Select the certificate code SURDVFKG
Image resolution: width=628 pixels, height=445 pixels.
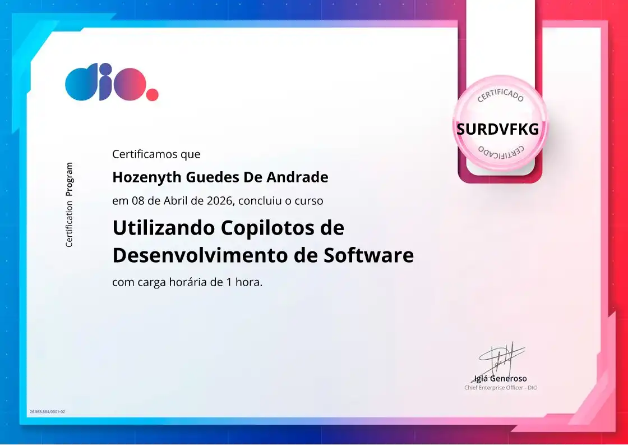pyautogui.click(x=497, y=130)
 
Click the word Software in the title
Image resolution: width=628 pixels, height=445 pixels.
pyautogui.click(x=368, y=255)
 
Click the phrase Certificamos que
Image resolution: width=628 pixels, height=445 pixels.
pyautogui.click(x=156, y=154)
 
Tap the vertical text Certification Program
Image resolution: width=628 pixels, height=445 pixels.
pyautogui.click(x=69, y=205)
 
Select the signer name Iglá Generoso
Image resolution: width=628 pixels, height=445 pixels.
pyautogui.click(x=500, y=378)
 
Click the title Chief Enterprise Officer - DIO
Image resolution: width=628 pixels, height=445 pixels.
pyautogui.click(x=500, y=388)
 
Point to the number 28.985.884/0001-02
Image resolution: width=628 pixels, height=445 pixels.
pyautogui.click(x=47, y=412)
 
